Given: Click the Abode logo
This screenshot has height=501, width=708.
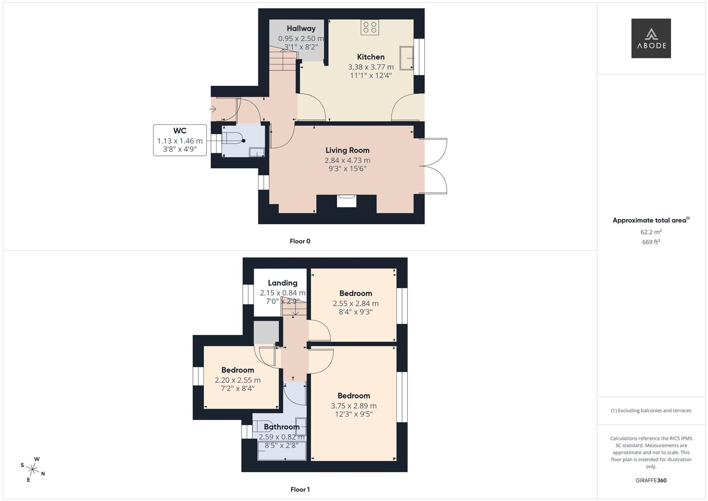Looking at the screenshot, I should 651,39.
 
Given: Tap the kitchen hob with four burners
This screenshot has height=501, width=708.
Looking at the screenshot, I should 370,27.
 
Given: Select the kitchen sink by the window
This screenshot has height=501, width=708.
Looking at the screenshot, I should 406,58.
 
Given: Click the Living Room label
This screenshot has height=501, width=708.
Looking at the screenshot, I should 347,150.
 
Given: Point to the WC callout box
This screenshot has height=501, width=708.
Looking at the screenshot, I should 180,140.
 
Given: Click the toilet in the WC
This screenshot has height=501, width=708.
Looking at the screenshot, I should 233,140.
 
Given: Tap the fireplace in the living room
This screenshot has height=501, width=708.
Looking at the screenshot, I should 346,200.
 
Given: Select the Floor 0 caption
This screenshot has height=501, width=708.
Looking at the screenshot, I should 300,241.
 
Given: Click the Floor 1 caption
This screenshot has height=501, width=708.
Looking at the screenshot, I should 300,489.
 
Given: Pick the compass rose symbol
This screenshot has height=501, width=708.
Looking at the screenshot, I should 33,469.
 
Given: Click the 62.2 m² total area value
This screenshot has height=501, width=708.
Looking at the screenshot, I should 651,232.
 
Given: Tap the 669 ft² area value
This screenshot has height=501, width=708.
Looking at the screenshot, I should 651,242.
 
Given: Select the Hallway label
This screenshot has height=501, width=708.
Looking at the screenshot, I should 301,29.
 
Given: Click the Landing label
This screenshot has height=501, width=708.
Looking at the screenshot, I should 282,283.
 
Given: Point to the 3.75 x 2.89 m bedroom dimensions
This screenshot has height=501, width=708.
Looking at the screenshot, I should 354,406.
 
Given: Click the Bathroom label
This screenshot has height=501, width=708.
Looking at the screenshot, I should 281,427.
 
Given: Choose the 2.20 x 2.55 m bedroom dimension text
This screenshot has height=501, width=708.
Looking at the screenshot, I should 237,380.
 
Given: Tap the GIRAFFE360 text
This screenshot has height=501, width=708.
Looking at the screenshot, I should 651,481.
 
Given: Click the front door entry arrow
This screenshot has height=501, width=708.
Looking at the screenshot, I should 213,109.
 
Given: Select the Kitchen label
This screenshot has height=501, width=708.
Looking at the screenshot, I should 370,57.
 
